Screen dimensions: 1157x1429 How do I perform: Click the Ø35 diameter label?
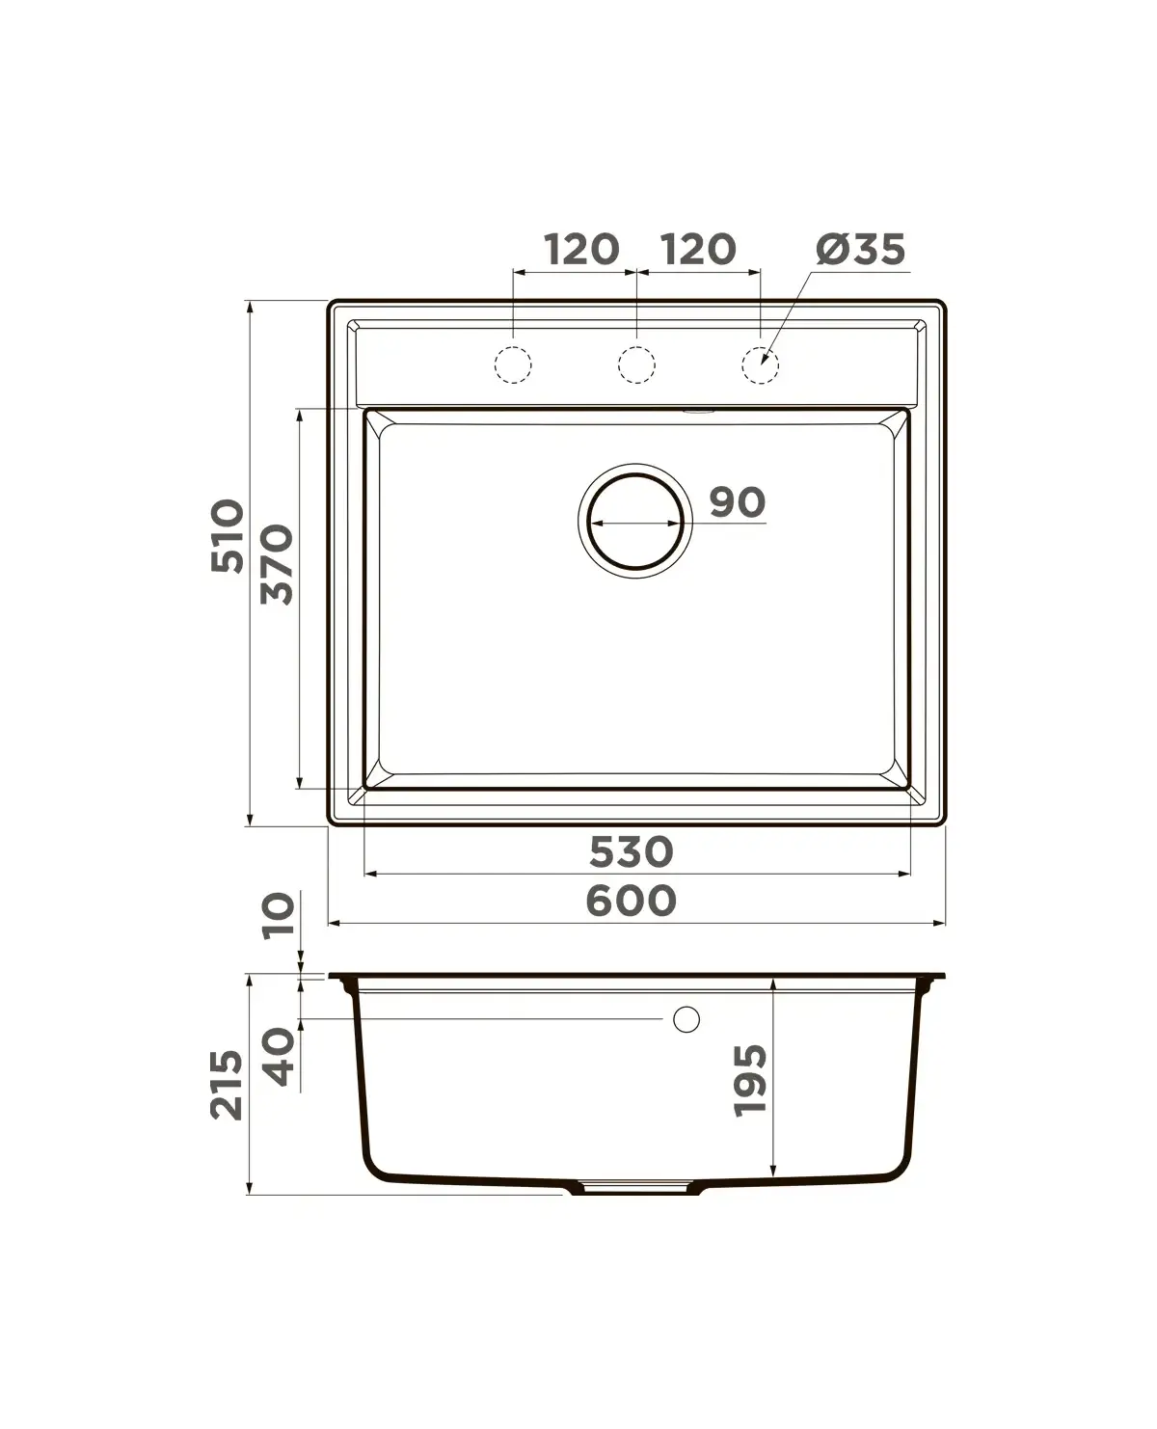click(x=860, y=249)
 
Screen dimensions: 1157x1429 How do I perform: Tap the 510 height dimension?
click(x=228, y=535)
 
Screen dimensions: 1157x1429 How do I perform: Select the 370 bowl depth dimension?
click(x=277, y=564)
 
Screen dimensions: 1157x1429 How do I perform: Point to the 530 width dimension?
click(x=631, y=851)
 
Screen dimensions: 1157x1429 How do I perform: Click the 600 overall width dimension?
click(x=631, y=901)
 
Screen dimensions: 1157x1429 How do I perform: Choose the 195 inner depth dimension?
click(x=750, y=1081)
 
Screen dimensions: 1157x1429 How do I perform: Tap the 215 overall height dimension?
click(x=227, y=1085)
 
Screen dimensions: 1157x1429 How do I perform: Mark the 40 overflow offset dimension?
click(x=278, y=1056)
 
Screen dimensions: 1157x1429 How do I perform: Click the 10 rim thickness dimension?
click(x=278, y=915)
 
